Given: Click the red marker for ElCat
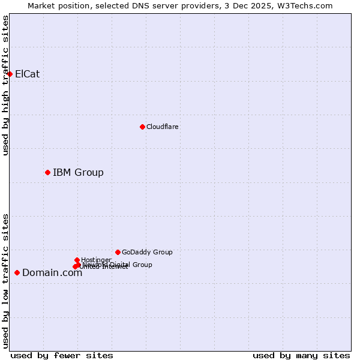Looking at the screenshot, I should click(x=10, y=74).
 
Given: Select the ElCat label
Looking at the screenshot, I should click(x=27, y=74).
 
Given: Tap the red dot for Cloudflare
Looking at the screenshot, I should click(x=142, y=127).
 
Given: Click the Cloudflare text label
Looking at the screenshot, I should click(x=162, y=127).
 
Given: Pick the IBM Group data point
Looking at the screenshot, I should click(x=47, y=172).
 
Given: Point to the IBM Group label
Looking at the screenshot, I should click(x=78, y=173).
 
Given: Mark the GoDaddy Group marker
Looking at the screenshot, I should click(x=118, y=252).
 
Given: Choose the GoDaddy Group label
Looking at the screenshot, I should click(x=146, y=252).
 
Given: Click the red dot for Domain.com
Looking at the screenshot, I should click(x=17, y=272).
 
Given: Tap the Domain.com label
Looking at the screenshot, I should click(x=52, y=273).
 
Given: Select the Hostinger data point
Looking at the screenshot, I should click(x=77, y=260).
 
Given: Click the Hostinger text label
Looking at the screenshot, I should click(x=96, y=260).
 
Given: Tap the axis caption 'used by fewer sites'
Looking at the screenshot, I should click(x=62, y=355).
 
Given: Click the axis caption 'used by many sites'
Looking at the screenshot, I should click(x=301, y=355).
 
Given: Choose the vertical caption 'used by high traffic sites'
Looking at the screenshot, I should click(x=5, y=85).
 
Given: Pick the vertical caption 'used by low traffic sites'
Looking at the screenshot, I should click(x=5, y=280).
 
